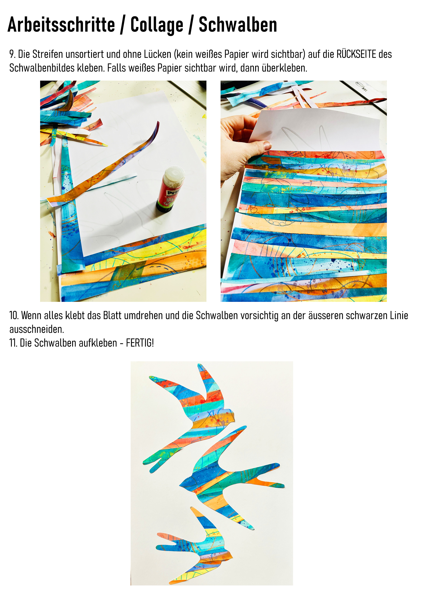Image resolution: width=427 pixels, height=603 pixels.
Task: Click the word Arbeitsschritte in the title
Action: (x=61, y=25)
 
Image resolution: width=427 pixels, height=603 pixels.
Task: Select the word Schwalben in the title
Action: (x=238, y=25)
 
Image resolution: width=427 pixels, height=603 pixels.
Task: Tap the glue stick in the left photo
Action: (x=170, y=189)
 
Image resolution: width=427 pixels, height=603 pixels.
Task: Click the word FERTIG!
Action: (x=140, y=343)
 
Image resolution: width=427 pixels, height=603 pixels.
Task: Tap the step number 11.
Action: (x=13, y=343)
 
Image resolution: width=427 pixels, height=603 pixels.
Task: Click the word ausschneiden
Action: (x=37, y=329)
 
